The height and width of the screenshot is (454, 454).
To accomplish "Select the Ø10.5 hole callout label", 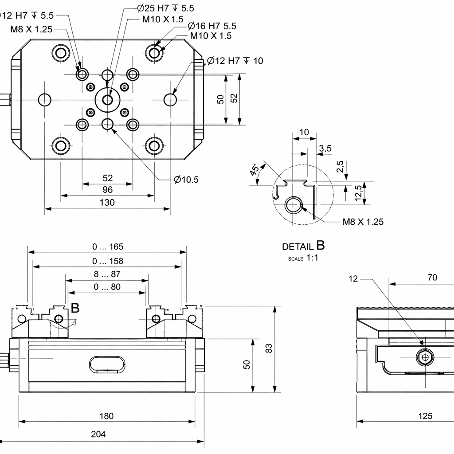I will [x=186, y=180].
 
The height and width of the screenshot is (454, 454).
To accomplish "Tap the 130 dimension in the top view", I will [x=107, y=203].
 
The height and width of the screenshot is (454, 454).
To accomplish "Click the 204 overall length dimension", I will [x=98, y=434].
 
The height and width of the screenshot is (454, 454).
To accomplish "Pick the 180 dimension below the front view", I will [x=106, y=416].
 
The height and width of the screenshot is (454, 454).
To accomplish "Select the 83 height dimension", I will [x=269, y=349].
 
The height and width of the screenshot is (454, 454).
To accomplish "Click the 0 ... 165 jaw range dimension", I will [x=108, y=247].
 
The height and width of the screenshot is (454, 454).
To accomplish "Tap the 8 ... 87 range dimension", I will [x=107, y=274].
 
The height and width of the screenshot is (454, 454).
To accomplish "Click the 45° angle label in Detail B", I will [x=255, y=170].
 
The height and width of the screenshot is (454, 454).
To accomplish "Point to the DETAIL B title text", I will [x=304, y=246].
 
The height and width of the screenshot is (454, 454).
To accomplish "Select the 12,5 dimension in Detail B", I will [x=359, y=193].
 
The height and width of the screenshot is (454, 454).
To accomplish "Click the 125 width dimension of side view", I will [x=425, y=416].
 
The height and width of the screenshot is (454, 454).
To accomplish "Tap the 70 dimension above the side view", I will [x=432, y=278].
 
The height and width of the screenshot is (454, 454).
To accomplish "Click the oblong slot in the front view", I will [x=107, y=364].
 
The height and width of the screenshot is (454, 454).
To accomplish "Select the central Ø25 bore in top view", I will [x=107, y=100].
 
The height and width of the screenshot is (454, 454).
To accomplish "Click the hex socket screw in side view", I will [x=425, y=356].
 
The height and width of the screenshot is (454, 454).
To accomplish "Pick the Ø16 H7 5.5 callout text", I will [x=212, y=26].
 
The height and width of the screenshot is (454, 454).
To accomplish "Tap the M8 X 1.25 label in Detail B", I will [x=363, y=222].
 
